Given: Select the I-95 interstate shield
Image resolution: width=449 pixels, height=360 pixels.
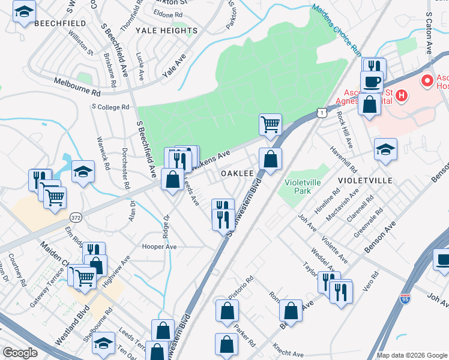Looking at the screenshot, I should tap(407, 298).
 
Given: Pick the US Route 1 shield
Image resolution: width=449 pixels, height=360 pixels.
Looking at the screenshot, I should tap(322, 112).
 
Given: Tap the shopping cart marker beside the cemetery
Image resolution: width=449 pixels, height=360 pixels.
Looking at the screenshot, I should tap(270, 124).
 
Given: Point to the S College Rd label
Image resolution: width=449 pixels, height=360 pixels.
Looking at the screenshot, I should tap(110, 107).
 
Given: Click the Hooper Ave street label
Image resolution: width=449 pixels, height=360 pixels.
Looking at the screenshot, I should tap(158, 247).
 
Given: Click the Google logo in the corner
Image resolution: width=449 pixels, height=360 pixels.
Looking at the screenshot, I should tap(20, 353).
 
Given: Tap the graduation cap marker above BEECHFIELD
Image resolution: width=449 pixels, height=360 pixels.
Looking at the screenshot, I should tap(25, 12).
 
